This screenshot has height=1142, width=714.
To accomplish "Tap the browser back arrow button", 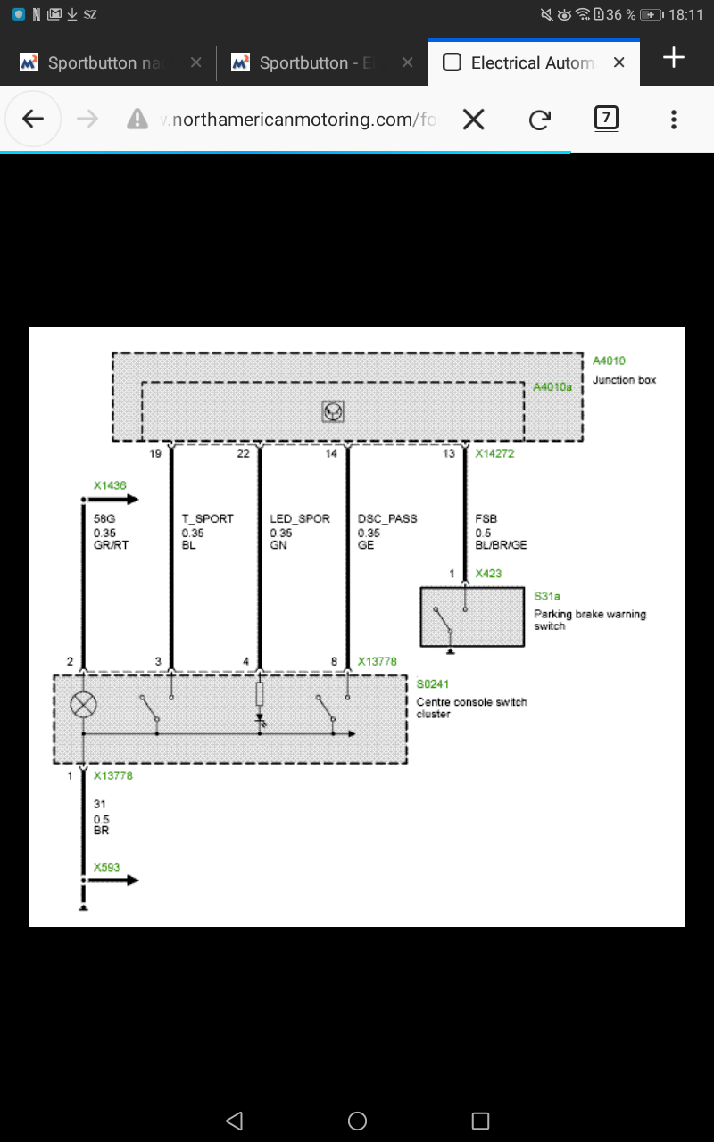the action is pyautogui.click(x=33, y=120).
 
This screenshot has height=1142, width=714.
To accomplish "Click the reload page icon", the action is pyautogui.click(x=540, y=120).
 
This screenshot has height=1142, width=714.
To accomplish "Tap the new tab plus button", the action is pyautogui.click(x=673, y=57).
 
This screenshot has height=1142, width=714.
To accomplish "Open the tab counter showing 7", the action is pyautogui.click(x=606, y=119).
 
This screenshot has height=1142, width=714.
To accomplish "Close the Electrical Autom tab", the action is pyautogui.click(x=619, y=62).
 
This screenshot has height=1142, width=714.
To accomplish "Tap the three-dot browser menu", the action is pyautogui.click(x=674, y=120).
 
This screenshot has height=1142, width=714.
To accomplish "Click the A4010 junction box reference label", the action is pyautogui.click(x=609, y=361).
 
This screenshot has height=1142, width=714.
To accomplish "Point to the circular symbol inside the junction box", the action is pyautogui.click(x=333, y=411).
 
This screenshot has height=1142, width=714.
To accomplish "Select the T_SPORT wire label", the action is pyautogui.click(x=208, y=518).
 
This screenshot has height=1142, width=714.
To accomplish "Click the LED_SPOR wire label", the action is pyautogui.click(x=300, y=518).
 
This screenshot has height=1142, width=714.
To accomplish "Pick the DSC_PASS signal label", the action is pyautogui.click(x=387, y=518).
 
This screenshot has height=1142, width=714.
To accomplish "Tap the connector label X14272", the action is pyautogui.click(x=494, y=453).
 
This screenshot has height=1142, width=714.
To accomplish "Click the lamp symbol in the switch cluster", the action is pyautogui.click(x=83, y=705).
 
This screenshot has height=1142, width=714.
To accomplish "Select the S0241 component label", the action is pyautogui.click(x=433, y=684).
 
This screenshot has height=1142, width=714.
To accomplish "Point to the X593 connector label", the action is pyautogui.click(x=106, y=867).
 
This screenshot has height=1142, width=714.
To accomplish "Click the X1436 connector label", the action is pyautogui.click(x=110, y=485).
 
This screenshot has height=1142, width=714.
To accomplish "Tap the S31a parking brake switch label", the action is pyautogui.click(x=547, y=596).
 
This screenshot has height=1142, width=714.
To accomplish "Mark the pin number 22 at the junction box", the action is pyautogui.click(x=244, y=453).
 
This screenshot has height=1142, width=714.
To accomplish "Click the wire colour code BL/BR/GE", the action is pyautogui.click(x=501, y=545).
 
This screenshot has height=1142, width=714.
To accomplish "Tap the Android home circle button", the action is pyautogui.click(x=357, y=1121).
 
